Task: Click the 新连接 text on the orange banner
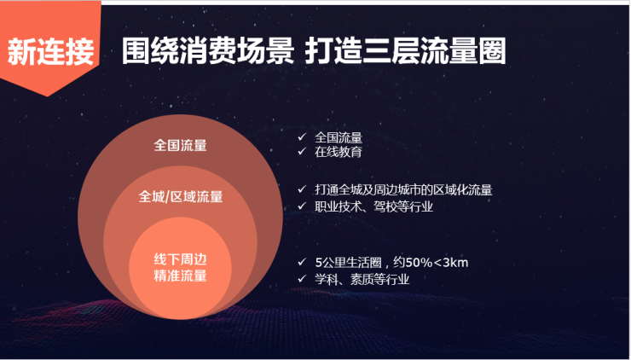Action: coord(50,51)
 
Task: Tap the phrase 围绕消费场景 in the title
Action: coord(208,51)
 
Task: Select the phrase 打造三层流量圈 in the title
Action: coord(406,51)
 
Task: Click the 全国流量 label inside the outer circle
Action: coord(180,145)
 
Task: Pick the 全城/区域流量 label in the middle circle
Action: coord(180,196)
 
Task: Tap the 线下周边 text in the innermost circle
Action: coord(180,259)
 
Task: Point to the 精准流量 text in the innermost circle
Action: coord(180,276)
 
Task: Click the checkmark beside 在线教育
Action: coord(302,152)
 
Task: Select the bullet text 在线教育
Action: coord(339,152)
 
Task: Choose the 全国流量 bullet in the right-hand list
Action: coord(339,137)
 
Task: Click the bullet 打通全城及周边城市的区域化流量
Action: coord(403,189)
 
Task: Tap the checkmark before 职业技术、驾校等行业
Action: coord(302,206)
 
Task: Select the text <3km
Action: coord(451,263)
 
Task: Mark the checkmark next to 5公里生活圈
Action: coord(302,262)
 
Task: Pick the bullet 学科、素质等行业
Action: coord(362,279)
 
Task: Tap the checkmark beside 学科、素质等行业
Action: coord(302,279)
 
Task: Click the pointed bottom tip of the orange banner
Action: coord(47,96)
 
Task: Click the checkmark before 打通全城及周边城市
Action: coord(302,189)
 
